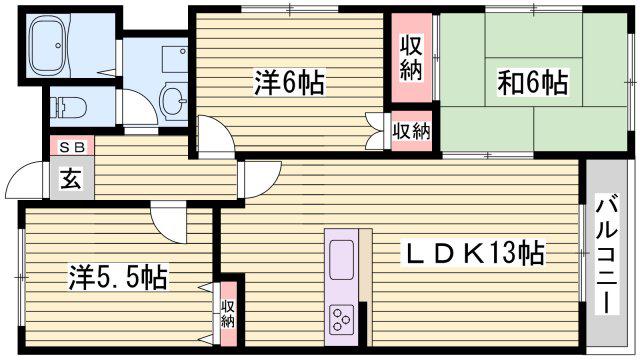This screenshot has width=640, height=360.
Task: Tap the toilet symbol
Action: [x=68, y=107]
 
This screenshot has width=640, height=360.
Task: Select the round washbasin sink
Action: [x=173, y=100]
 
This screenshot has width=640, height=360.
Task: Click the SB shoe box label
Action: [x=72, y=147]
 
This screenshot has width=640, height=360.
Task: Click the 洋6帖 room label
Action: [x=289, y=83]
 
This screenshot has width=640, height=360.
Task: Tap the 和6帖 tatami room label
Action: [x=532, y=83]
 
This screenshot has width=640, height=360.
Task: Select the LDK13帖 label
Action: [x=474, y=253]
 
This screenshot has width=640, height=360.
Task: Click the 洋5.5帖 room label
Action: [x=118, y=278]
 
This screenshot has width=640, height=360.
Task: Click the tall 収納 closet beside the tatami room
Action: [x=411, y=58]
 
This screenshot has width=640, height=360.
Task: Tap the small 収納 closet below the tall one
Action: [x=411, y=131]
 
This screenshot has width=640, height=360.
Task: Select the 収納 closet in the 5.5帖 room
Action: [x=228, y=313]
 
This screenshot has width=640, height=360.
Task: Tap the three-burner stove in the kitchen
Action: [x=341, y=318]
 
